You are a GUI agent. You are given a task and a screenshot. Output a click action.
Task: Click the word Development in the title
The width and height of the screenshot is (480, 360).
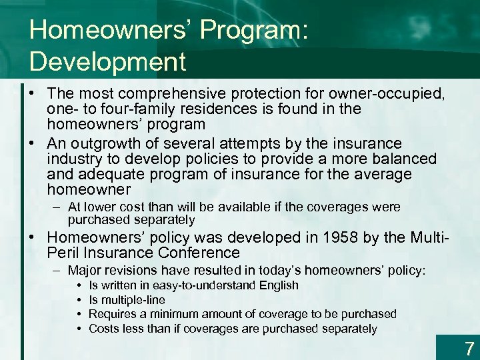point(107,61)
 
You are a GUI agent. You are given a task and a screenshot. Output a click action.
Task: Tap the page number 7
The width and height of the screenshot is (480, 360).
point(469,347)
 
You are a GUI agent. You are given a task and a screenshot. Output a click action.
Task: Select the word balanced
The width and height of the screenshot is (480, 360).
point(405,159)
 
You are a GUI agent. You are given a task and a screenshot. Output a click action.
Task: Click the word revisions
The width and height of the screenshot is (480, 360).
point(135,271)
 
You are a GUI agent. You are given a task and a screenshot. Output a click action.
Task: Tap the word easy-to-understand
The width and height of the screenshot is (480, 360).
point(201,285)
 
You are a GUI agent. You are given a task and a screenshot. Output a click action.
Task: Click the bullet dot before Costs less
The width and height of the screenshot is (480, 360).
point(79,329)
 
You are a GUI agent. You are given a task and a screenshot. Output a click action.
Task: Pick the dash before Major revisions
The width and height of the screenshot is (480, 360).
point(57,271)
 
